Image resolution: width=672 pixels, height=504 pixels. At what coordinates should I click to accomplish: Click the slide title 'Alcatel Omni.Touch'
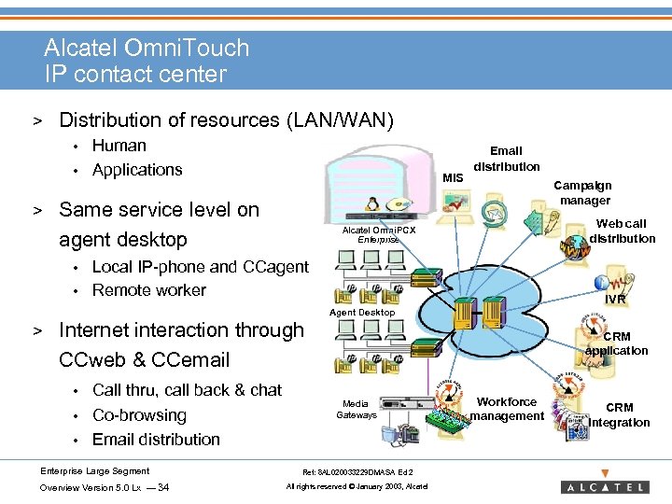[147, 48]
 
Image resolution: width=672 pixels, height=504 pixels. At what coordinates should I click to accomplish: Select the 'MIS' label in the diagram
[453, 177]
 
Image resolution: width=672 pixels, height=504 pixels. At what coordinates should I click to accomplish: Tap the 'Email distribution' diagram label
[506, 159]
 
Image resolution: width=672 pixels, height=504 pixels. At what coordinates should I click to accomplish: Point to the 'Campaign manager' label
[584, 193]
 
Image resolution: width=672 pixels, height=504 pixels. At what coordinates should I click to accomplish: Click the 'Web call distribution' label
[622, 231]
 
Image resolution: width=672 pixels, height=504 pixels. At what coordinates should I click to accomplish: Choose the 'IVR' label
[615, 300]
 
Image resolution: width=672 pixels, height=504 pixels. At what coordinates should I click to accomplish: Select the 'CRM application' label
[617, 343]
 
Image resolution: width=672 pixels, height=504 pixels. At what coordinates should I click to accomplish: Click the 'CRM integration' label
[619, 415]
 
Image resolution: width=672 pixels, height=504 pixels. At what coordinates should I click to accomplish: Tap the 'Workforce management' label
[507, 409]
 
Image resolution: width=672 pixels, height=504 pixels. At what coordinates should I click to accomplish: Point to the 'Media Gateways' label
[356, 410]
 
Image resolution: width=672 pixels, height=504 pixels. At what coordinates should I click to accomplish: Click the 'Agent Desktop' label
[363, 312]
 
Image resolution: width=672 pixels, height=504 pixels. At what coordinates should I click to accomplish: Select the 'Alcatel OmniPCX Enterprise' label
[379, 234]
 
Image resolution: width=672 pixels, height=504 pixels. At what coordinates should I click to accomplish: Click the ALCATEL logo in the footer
[604, 486]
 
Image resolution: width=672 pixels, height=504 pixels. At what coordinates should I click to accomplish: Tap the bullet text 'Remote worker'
[149, 290]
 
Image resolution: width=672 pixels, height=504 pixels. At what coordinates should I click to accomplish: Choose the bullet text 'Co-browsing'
[140, 415]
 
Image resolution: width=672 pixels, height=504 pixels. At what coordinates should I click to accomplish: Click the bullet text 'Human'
[119, 146]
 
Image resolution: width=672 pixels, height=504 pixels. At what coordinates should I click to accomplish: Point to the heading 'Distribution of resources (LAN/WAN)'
[226, 120]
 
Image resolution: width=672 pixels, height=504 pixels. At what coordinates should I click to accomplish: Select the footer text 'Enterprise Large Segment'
[94, 470]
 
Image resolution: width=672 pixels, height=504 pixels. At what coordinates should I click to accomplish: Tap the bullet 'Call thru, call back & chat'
[188, 390]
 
